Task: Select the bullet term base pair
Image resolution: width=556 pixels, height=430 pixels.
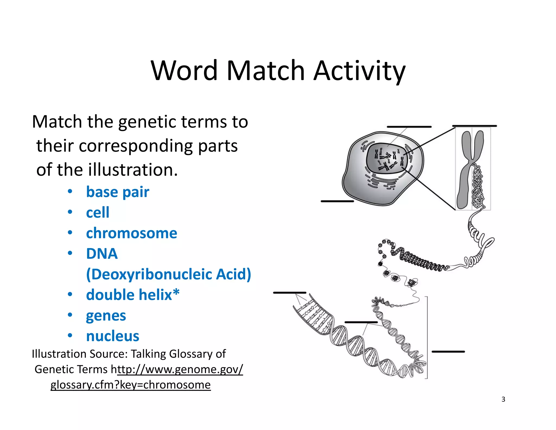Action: coord(118,192)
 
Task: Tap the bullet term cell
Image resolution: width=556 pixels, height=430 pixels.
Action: coord(98,212)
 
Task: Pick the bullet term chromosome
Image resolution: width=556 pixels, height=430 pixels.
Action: coord(131,233)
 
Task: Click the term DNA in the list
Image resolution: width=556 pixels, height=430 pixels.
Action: coord(102,254)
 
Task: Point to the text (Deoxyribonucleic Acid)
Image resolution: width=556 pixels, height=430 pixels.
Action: coord(168,274)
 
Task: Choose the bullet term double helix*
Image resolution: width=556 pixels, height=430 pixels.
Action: coord(133,295)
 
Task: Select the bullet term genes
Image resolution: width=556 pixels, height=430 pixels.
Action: coord(106,315)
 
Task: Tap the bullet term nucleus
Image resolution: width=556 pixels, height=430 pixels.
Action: coord(112,336)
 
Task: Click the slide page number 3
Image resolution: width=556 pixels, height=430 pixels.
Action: coord(503,399)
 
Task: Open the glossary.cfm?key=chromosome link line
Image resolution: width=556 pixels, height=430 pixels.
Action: coord(131,385)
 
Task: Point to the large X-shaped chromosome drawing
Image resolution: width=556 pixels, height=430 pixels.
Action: coord(470,169)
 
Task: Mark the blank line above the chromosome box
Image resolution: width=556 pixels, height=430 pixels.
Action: coord(474,126)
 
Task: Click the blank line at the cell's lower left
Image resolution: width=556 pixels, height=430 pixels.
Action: coord(337,201)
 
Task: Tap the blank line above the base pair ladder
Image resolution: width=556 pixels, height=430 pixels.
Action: coord(289,293)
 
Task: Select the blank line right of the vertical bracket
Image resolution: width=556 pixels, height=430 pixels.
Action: coord(448,352)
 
